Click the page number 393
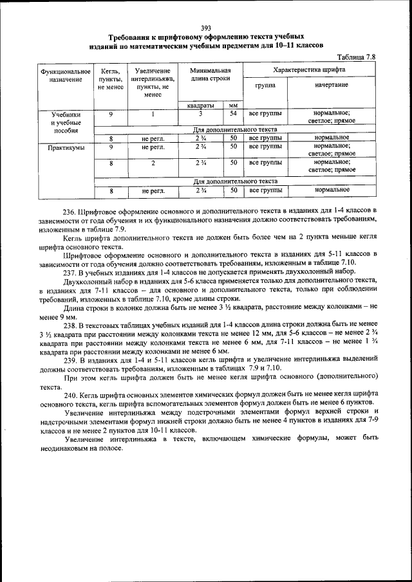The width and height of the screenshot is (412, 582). (206, 27)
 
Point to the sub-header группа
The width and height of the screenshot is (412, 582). (265, 85)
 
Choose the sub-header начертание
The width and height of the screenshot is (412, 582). (332, 85)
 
